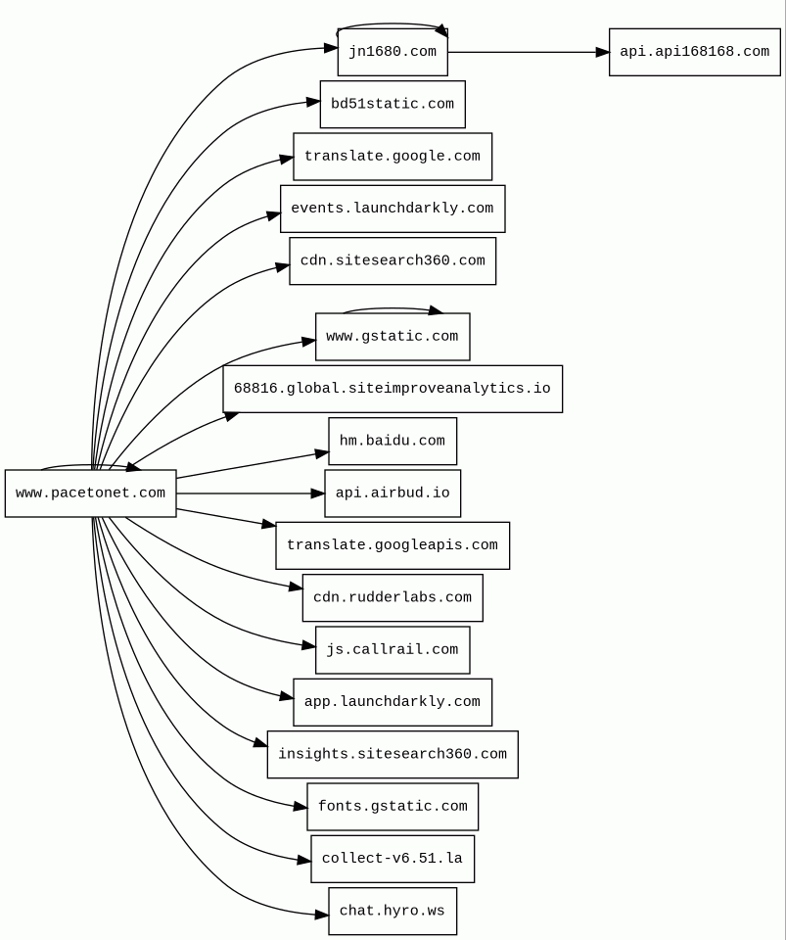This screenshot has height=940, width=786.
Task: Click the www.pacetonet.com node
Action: click(x=90, y=493)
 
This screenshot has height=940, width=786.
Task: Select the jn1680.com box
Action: click(x=393, y=52)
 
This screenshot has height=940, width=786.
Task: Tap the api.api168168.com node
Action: click(x=694, y=52)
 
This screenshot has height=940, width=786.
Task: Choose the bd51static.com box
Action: click(x=393, y=104)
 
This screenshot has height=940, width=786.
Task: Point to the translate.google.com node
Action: click(x=393, y=157)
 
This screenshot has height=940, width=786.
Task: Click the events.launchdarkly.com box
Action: click(x=393, y=209)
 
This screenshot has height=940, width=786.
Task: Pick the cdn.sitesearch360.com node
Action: click(x=393, y=261)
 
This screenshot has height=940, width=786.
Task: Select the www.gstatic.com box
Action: click(x=393, y=337)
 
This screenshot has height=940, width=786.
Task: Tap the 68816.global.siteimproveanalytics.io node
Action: click(x=393, y=389)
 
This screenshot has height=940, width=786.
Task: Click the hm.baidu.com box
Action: click(x=393, y=442)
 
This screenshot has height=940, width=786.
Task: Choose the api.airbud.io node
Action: click(x=393, y=493)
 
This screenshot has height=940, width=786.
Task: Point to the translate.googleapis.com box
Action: click(x=393, y=545)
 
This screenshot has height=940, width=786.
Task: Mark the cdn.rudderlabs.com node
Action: click(x=393, y=598)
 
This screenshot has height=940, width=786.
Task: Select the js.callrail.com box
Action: click(x=393, y=650)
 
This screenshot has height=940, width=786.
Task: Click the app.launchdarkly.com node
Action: click(x=393, y=702)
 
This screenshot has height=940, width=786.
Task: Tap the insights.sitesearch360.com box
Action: click(x=393, y=755)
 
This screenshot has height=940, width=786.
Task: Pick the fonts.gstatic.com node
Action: click(x=393, y=807)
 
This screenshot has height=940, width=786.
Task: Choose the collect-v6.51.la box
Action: click(x=393, y=859)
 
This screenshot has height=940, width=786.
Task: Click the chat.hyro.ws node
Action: click(x=393, y=912)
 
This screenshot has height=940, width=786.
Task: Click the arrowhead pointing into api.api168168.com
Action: click(x=602, y=52)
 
